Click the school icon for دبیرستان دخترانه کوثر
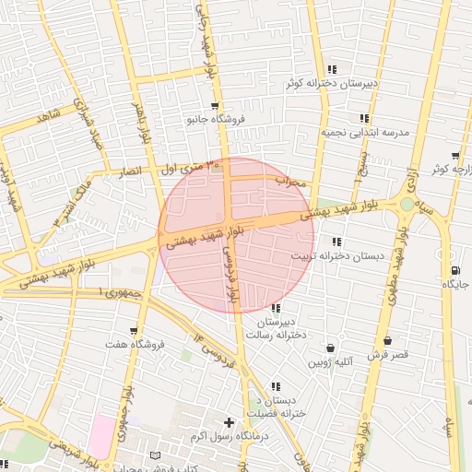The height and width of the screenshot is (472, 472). click(x=333, y=69)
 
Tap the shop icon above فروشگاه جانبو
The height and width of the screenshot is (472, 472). click(x=214, y=106)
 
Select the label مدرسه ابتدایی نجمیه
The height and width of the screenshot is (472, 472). click(x=363, y=132)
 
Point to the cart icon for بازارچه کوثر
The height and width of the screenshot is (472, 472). click(x=455, y=156)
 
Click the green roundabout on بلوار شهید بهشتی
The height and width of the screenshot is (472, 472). click(x=407, y=204)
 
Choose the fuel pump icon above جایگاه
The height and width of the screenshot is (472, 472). click(x=455, y=270)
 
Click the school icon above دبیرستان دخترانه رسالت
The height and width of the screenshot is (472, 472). click(x=275, y=308)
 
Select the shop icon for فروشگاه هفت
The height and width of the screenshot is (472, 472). click(x=135, y=331)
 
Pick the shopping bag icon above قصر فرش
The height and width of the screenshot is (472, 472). click(x=387, y=340)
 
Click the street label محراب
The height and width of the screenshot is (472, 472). click(x=292, y=181)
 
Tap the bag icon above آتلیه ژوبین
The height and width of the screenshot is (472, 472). click(x=331, y=348)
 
